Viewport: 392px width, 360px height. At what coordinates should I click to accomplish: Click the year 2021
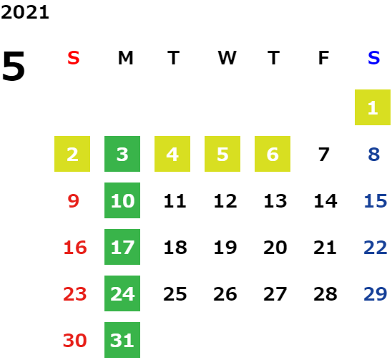tap(25, 12)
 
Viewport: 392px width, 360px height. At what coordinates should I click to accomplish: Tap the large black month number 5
tap(14, 66)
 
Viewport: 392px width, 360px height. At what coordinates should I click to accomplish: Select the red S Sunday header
tap(74, 58)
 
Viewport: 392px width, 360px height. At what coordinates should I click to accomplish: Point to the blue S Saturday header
tap(373, 58)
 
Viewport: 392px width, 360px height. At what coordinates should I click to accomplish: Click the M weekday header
tap(125, 58)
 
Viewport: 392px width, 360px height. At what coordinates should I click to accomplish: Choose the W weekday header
tap(227, 58)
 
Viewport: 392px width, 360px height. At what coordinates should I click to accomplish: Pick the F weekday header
tap(323, 58)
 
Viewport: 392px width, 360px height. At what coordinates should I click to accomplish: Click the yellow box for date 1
tap(373, 107)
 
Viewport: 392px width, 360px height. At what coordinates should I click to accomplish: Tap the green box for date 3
tap(122, 154)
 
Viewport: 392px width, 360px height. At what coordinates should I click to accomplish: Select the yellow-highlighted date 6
tap(273, 154)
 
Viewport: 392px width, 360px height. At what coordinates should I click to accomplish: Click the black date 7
tap(323, 155)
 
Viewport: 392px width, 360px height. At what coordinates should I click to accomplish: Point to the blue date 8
tap(373, 155)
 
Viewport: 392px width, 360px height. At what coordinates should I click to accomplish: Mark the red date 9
tap(74, 201)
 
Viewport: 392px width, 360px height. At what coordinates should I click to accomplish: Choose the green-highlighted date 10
tap(122, 200)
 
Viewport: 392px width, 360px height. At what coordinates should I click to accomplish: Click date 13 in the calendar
tap(275, 201)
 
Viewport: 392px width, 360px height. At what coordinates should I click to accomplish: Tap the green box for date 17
tap(122, 247)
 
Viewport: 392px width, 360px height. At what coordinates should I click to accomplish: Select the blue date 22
tap(376, 248)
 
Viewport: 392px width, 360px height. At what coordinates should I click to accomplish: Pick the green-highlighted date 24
tap(122, 293)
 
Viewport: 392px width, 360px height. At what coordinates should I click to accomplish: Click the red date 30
tap(74, 341)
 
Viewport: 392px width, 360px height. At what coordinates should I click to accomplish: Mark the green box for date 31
tap(122, 340)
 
